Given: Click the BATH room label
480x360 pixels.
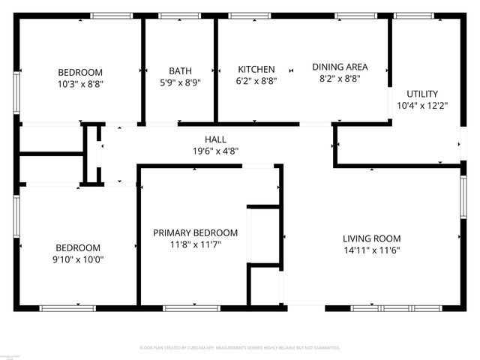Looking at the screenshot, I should tap(180, 71).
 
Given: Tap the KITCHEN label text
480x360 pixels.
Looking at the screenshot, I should tap(256, 69).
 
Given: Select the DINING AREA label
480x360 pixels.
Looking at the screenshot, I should tap(340, 67).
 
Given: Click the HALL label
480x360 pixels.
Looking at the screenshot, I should tap(215, 139).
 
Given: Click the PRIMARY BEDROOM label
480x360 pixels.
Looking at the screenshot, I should tap(195, 232).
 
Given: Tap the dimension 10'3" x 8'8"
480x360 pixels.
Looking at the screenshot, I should tap(80, 85).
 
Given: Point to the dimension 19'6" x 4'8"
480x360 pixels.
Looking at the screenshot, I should tap(215, 150).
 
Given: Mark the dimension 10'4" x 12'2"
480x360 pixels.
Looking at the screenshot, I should tap(421, 106).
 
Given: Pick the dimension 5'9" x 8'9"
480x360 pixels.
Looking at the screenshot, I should tap(180, 83).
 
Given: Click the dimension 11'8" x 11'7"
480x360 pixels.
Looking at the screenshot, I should tap(195, 244).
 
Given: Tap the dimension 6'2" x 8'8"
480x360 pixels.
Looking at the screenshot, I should tap(256, 81).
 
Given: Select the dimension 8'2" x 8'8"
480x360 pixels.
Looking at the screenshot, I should tap(340, 79).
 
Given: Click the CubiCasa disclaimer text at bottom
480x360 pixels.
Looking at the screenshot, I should tap(240, 348).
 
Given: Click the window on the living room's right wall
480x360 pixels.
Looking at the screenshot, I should tap(462, 197).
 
